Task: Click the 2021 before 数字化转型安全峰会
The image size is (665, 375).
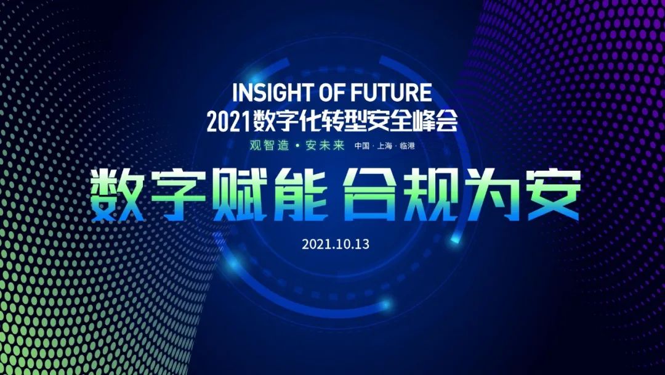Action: point(228,122)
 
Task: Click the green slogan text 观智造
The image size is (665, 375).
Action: point(269,145)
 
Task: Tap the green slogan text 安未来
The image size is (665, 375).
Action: point(325,145)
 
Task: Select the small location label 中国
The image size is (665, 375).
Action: point(362,146)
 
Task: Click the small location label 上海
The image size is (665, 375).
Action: point(385,146)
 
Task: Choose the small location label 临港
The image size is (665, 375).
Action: point(407,146)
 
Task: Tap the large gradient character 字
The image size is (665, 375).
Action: point(179,195)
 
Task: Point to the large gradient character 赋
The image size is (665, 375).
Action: point(240,195)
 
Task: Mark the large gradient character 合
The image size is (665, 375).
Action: point(369,195)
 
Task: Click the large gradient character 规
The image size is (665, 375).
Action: point(430,195)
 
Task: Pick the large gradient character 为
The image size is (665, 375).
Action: point(491,195)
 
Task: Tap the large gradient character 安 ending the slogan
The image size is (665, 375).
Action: point(553,195)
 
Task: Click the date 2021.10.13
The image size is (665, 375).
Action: point(336,244)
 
